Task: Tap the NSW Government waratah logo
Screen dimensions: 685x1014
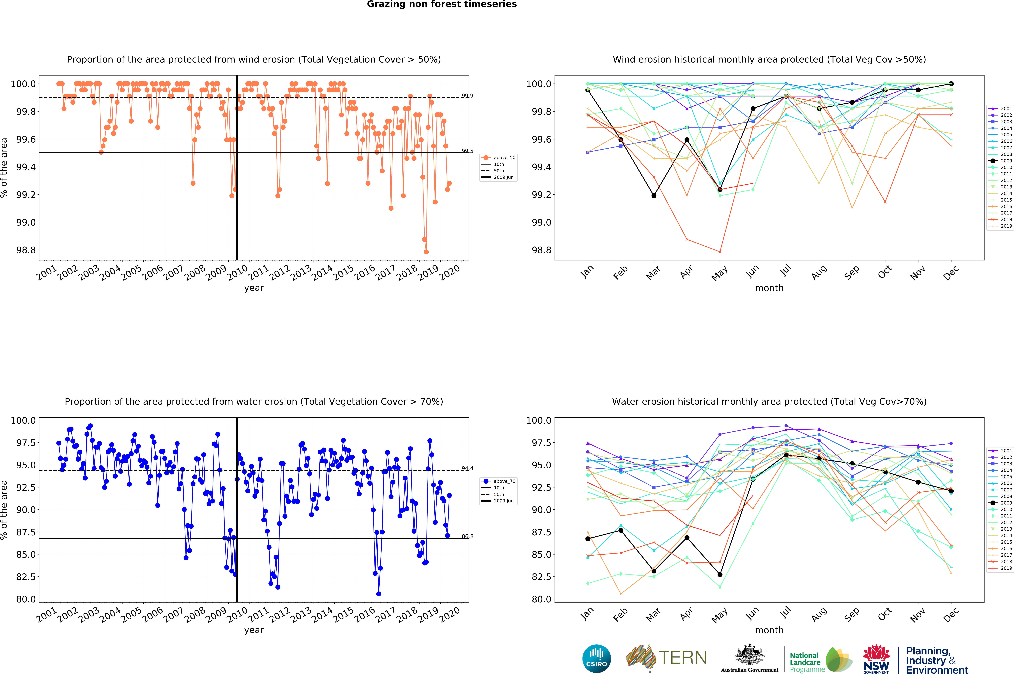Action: pyautogui.click(x=876, y=659)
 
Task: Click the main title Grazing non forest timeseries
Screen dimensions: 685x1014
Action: pyautogui.click(x=442, y=4)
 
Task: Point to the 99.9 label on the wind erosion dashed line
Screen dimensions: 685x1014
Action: pyautogui.click(x=467, y=96)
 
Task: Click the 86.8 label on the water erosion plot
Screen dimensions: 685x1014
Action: pyautogui.click(x=467, y=536)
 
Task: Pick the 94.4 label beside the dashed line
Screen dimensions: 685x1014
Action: pyautogui.click(x=467, y=468)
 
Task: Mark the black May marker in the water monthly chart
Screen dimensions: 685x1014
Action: pyautogui.click(x=720, y=575)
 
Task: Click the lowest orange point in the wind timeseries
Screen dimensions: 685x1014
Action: pyautogui.click(x=426, y=252)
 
